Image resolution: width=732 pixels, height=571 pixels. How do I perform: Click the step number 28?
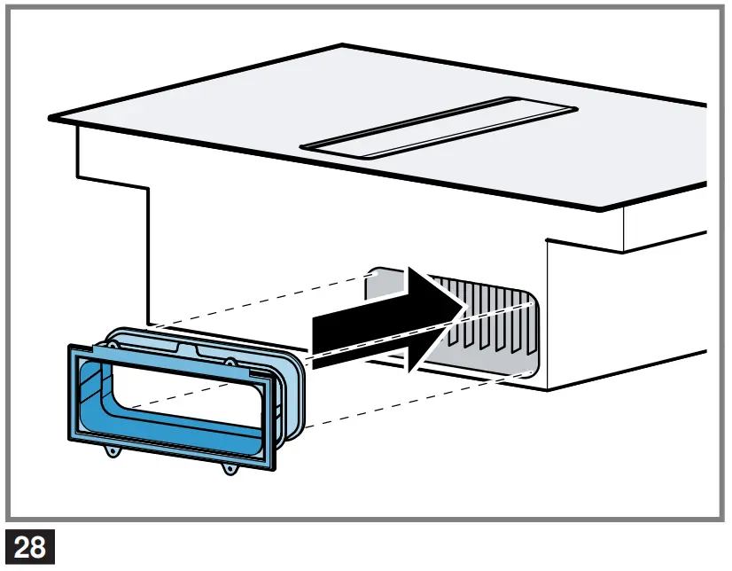pos(30,546)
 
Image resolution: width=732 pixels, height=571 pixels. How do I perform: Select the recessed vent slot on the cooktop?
pos(439,126)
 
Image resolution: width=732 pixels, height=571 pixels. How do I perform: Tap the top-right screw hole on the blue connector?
pos(230,362)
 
